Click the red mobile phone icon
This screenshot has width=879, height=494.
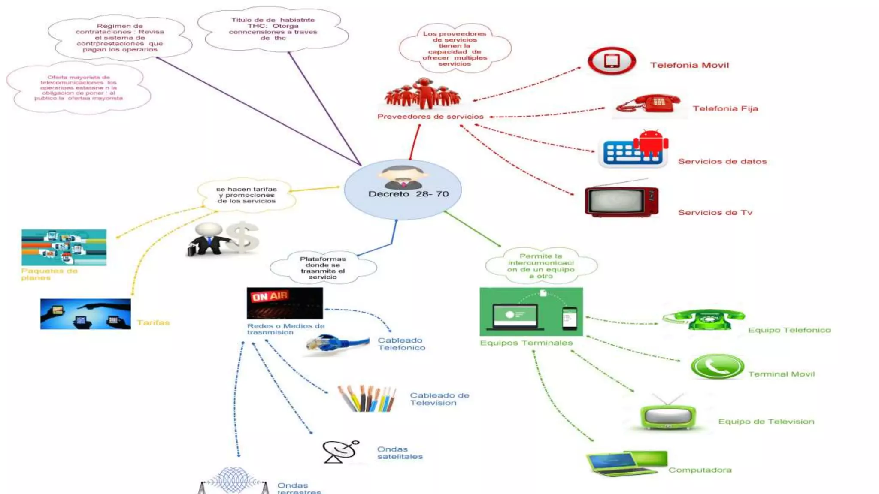pyautogui.click(x=612, y=61)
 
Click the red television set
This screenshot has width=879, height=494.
pyautogui.click(x=621, y=200)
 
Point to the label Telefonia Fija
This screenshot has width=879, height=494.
pyautogui.click(x=725, y=109)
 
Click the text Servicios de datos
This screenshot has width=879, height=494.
pyautogui.click(x=722, y=162)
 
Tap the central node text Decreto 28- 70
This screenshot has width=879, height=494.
pyautogui.click(x=408, y=194)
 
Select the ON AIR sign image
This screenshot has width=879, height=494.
pyautogui.click(x=285, y=303)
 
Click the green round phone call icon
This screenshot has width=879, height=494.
pyautogui.click(x=717, y=367)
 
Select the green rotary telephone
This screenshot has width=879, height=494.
pyautogui.click(x=704, y=319)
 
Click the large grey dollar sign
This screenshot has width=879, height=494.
pyautogui.click(x=242, y=237)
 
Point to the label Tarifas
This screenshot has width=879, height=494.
pyautogui.click(x=153, y=323)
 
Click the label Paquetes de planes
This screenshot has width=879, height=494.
pyautogui.click(x=49, y=274)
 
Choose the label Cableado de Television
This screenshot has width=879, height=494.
pyautogui.click(x=439, y=399)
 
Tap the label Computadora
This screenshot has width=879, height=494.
pyautogui.click(x=700, y=470)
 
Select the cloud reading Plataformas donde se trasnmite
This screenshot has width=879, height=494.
pyautogui.click(x=323, y=268)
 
